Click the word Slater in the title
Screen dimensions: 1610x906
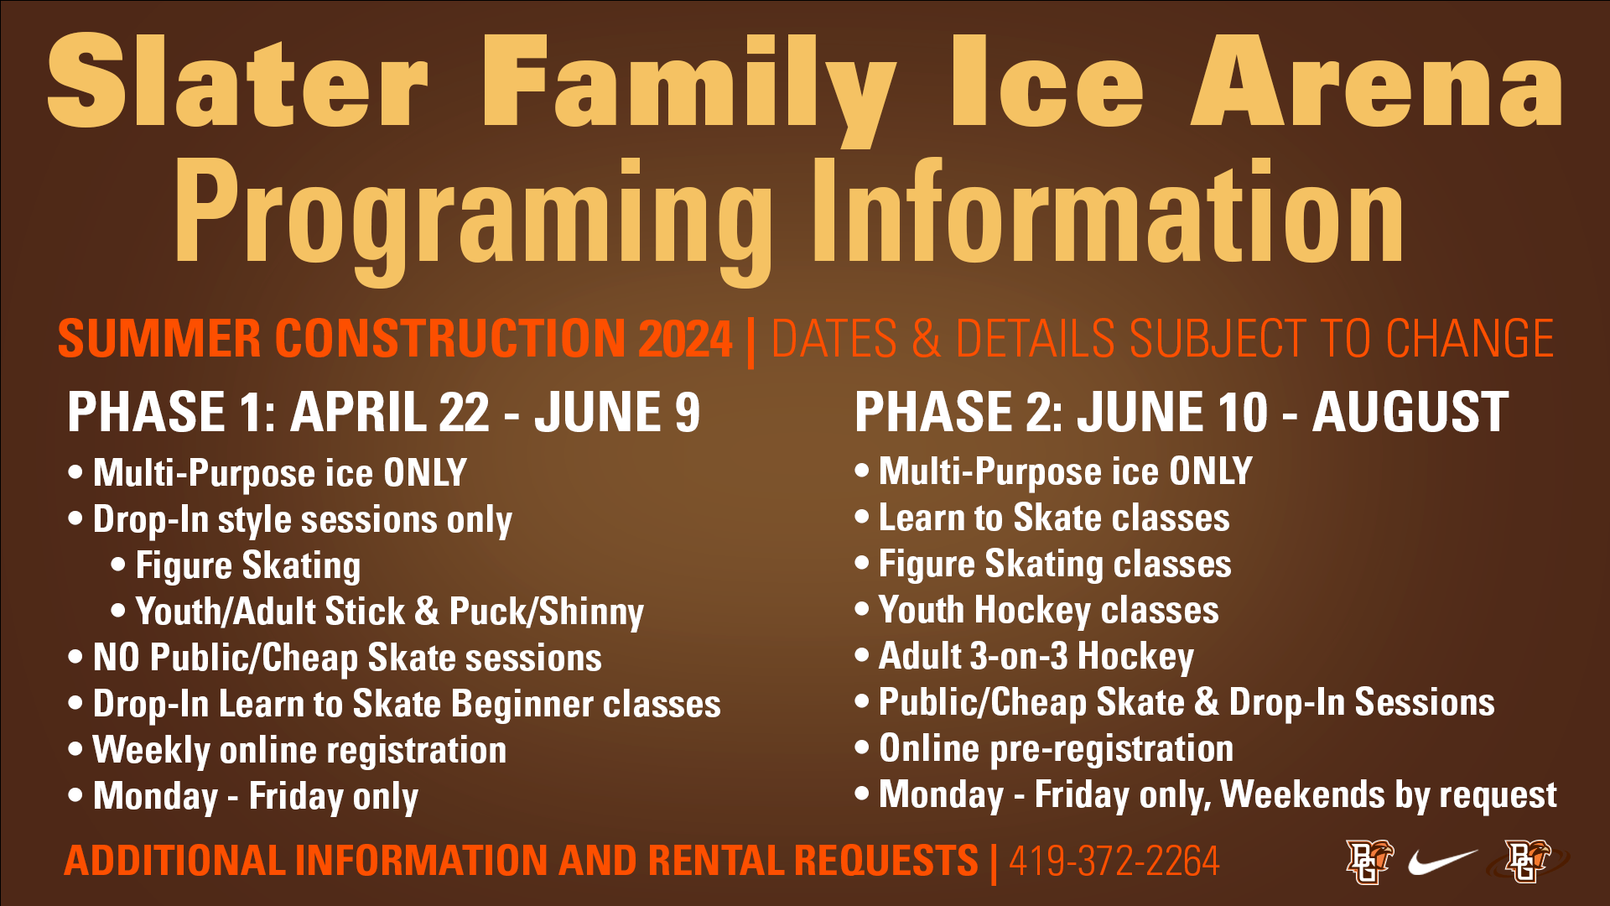coord(238,81)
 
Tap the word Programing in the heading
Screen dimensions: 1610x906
coord(473,220)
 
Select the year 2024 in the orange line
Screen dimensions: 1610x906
coord(685,339)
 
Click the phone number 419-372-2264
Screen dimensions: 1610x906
coord(1114,861)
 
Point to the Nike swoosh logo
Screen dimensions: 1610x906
coord(1443,861)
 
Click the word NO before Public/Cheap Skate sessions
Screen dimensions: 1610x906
coord(117,658)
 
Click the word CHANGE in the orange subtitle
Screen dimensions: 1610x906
coord(1470,339)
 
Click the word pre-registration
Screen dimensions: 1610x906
coord(1112,749)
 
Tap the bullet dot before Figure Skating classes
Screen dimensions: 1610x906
coord(862,563)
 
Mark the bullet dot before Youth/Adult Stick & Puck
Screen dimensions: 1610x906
coord(118,610)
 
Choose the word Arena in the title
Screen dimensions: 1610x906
coord(1376,81)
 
